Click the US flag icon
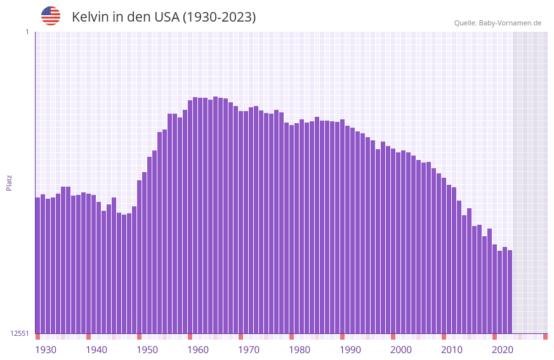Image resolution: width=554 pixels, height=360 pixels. coord(51,16)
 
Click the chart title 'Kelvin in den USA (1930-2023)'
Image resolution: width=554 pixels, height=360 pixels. coord(164,17)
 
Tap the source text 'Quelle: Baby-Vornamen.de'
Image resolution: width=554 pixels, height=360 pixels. coord(498,23)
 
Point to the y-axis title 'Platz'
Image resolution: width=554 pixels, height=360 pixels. coord(9,182)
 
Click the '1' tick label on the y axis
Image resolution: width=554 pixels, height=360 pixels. coord(27,32)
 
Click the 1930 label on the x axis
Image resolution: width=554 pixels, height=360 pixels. coord(46,350)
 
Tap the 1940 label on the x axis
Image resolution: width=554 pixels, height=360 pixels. coord(96,350)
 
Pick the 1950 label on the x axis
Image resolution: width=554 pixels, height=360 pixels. coord(147,350)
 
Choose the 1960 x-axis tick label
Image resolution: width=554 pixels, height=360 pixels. coord(198,350)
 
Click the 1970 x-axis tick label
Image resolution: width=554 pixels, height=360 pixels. coord(249,350)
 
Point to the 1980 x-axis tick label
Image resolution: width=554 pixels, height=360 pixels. coord(300,350)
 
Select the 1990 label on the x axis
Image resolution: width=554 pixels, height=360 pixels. coord(350,350)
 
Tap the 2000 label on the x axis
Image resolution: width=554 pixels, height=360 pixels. coord(401,350)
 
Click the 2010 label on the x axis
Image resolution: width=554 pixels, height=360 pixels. coord(452,350)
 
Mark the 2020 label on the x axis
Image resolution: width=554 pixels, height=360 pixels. coord(503,350)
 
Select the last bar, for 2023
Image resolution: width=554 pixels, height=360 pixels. coord(510,291)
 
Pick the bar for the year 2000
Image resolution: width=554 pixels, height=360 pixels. coord(393,241)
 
